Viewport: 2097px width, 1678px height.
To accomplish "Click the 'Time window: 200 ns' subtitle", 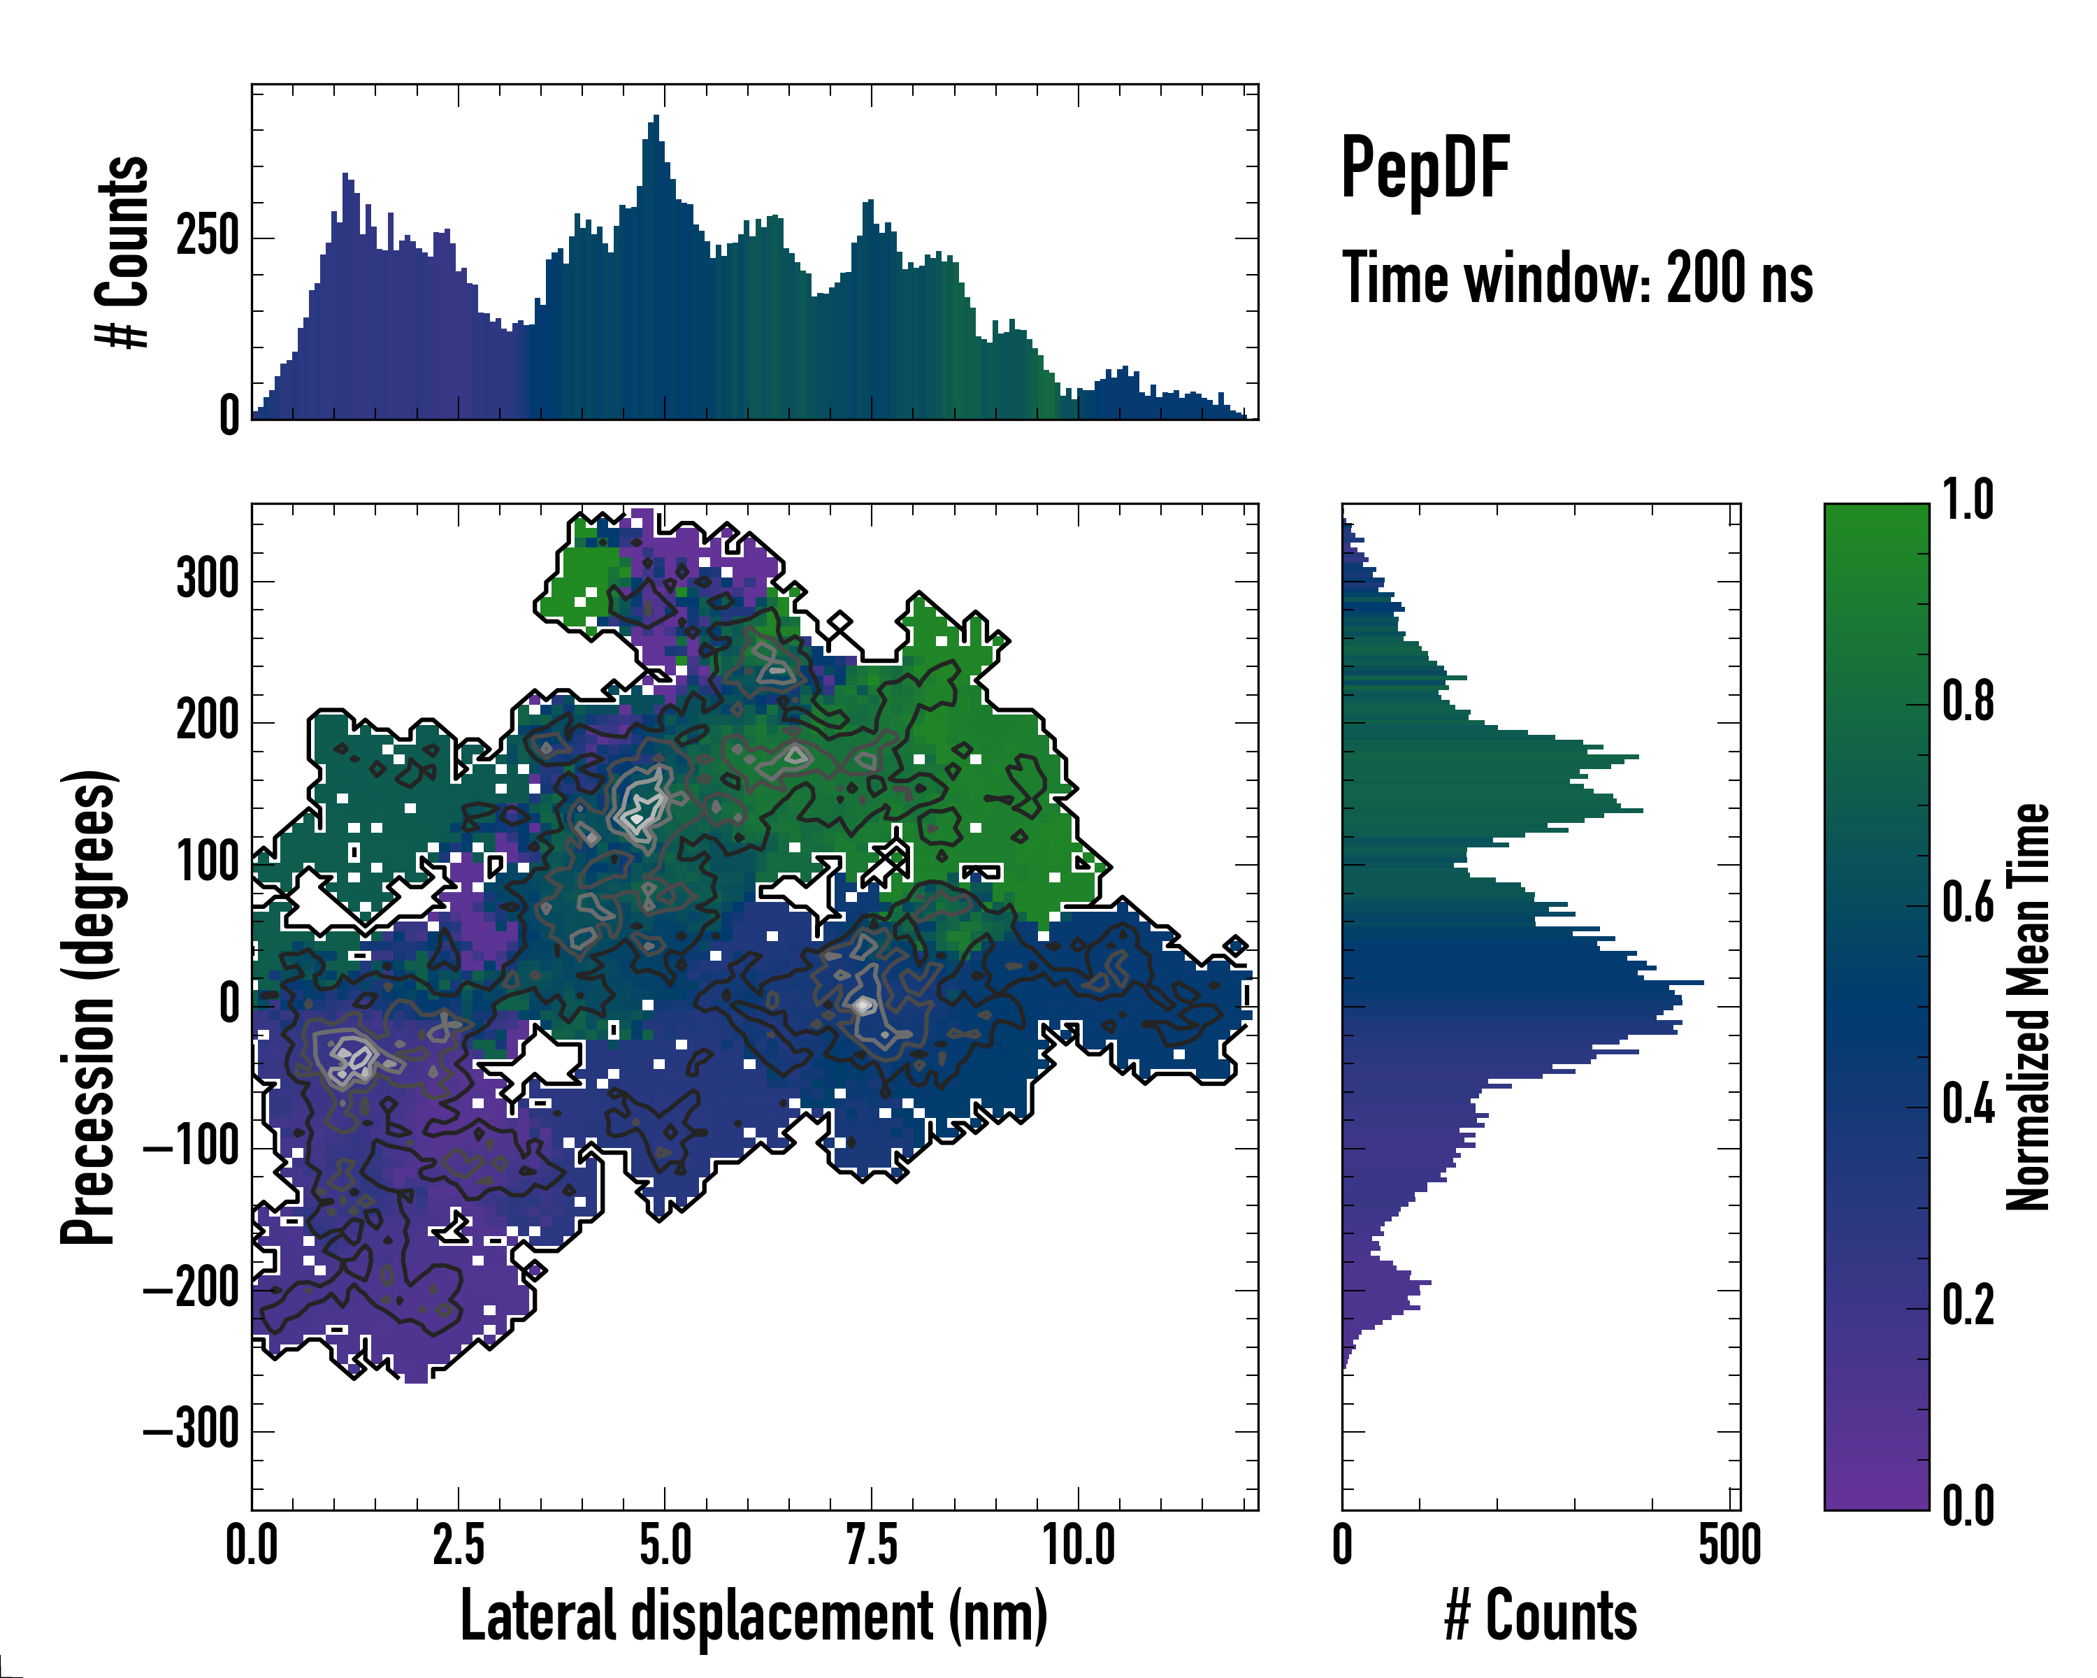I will (x=1577, y=279).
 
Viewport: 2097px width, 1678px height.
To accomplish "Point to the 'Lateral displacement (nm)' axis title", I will (x=754, y=1616).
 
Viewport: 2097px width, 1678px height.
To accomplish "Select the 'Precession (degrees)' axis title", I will (x=89, y=1007).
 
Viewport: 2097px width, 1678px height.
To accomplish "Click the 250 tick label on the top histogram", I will (x=207, y=236).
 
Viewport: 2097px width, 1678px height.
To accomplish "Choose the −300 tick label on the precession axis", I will (x=192, y=1430).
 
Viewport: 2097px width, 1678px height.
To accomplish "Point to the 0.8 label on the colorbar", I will (x=1968, y=703).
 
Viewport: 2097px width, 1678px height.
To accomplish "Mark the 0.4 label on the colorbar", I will (x=1968, y=1106).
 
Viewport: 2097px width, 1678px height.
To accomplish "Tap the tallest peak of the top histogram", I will (x=656, y=117).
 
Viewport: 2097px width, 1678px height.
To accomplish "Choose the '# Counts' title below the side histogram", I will (x=1541, y=1616).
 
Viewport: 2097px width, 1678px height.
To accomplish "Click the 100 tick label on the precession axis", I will (x=207, y=863).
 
